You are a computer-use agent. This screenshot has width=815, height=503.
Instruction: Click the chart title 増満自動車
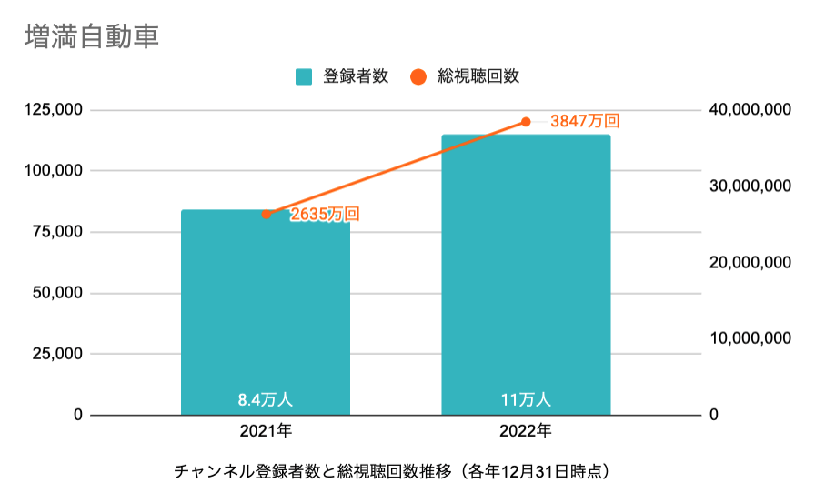pyautogui.click(x=93, y=37)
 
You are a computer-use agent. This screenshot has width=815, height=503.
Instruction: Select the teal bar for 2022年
pyautogui.click(x=526, y=273)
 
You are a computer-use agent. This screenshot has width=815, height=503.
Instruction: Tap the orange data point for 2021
pyautogui.click(x=266, y=215)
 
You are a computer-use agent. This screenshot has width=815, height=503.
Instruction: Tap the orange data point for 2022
pyautogui.click(x=526, y=122)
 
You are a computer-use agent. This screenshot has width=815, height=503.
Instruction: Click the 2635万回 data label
pyautogui.click(x=325, y=215)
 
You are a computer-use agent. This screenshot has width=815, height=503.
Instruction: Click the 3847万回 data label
pyautogui.click(x=585, y=120)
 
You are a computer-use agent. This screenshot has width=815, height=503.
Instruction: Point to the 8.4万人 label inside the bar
pyautogui.click(x=266, y=399)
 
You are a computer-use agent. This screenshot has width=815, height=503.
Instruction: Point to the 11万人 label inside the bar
pyautogui.click(x=526, y=399)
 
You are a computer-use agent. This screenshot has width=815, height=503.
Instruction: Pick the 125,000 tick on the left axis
pyautogui.click(x=54, y=110)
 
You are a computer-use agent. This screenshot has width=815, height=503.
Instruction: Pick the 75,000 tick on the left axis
pyautogui.click(x=57, y=232)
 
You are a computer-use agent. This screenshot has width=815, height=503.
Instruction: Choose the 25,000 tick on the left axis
pyautogui.click(x=57, y=354)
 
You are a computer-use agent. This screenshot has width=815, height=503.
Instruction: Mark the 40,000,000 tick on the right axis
pyautogui.click(x=749, y=110)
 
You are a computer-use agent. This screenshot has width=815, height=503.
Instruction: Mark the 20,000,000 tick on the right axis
pyautogui.click(x=749, y=262)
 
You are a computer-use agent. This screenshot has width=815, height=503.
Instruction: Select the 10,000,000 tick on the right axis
pyautogui.click(x=749, y=338)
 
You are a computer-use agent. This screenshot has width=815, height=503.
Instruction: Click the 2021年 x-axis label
pyautogui.click(x=266, y=430)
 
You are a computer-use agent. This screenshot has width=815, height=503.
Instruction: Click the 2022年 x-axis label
pyautogui.click(x=526, y=430)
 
